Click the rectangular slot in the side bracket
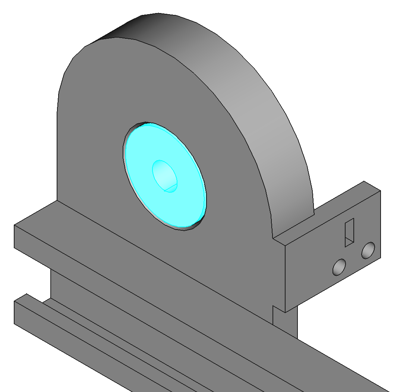point(349,233)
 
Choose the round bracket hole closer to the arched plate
point(339,266)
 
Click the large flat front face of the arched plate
point(93,149)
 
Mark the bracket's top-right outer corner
point(380,191)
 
